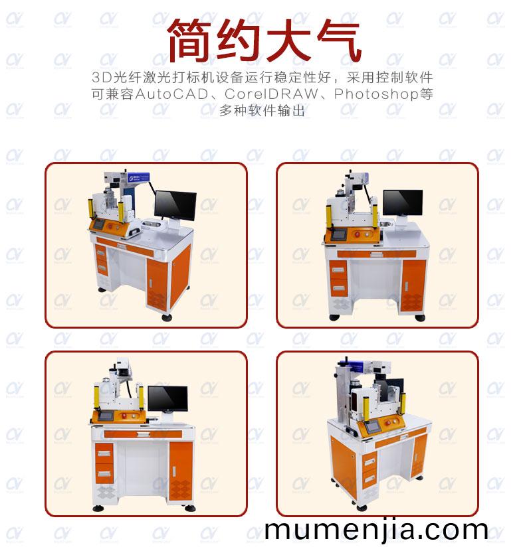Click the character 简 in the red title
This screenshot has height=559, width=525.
(191, 40)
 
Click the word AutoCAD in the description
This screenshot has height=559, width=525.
(171, 94)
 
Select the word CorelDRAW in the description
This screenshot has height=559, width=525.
(271, 94)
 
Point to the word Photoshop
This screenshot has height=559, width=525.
(376, 94)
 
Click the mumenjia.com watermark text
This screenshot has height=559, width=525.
(376, 530)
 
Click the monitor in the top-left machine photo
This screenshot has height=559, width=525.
(175, 206)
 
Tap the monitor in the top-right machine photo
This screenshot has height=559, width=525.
(403, 202)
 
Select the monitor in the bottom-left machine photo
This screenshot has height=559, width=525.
(167, 398)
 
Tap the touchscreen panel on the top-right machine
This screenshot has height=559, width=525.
(338, 234)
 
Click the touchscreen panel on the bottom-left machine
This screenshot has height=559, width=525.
(106, 416)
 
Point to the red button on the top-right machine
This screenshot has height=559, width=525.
(357, 234)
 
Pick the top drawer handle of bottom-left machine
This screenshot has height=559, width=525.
(104, 453)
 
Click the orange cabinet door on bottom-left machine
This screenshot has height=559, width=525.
(181, 471)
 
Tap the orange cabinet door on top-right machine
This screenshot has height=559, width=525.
(413, 286)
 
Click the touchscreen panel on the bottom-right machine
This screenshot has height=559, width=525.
(372, 427)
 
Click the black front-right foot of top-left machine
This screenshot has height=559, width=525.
(167, 317)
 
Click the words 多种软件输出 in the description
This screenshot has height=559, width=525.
(262, 110)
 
